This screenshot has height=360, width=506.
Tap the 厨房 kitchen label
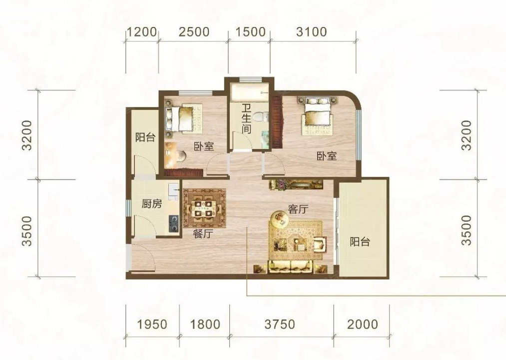click(152, 204)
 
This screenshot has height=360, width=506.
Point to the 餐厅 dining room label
click(203, 233)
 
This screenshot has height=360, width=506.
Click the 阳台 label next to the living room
click(360, 241)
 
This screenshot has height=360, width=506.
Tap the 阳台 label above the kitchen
click(145, 137)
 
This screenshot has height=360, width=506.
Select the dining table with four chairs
click(204, 208)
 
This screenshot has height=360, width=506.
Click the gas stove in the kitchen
click(174, 223)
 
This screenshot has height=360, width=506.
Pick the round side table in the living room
click(279, 219)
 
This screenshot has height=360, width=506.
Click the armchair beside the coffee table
click(320, 244)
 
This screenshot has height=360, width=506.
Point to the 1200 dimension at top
click(141, 32)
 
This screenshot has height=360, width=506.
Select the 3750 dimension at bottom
click(280, 324)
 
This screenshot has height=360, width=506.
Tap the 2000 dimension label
click(363, 324)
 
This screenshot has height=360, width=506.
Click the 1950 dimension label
click(152, 324)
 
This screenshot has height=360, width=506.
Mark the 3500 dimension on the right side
click(467, 230)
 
